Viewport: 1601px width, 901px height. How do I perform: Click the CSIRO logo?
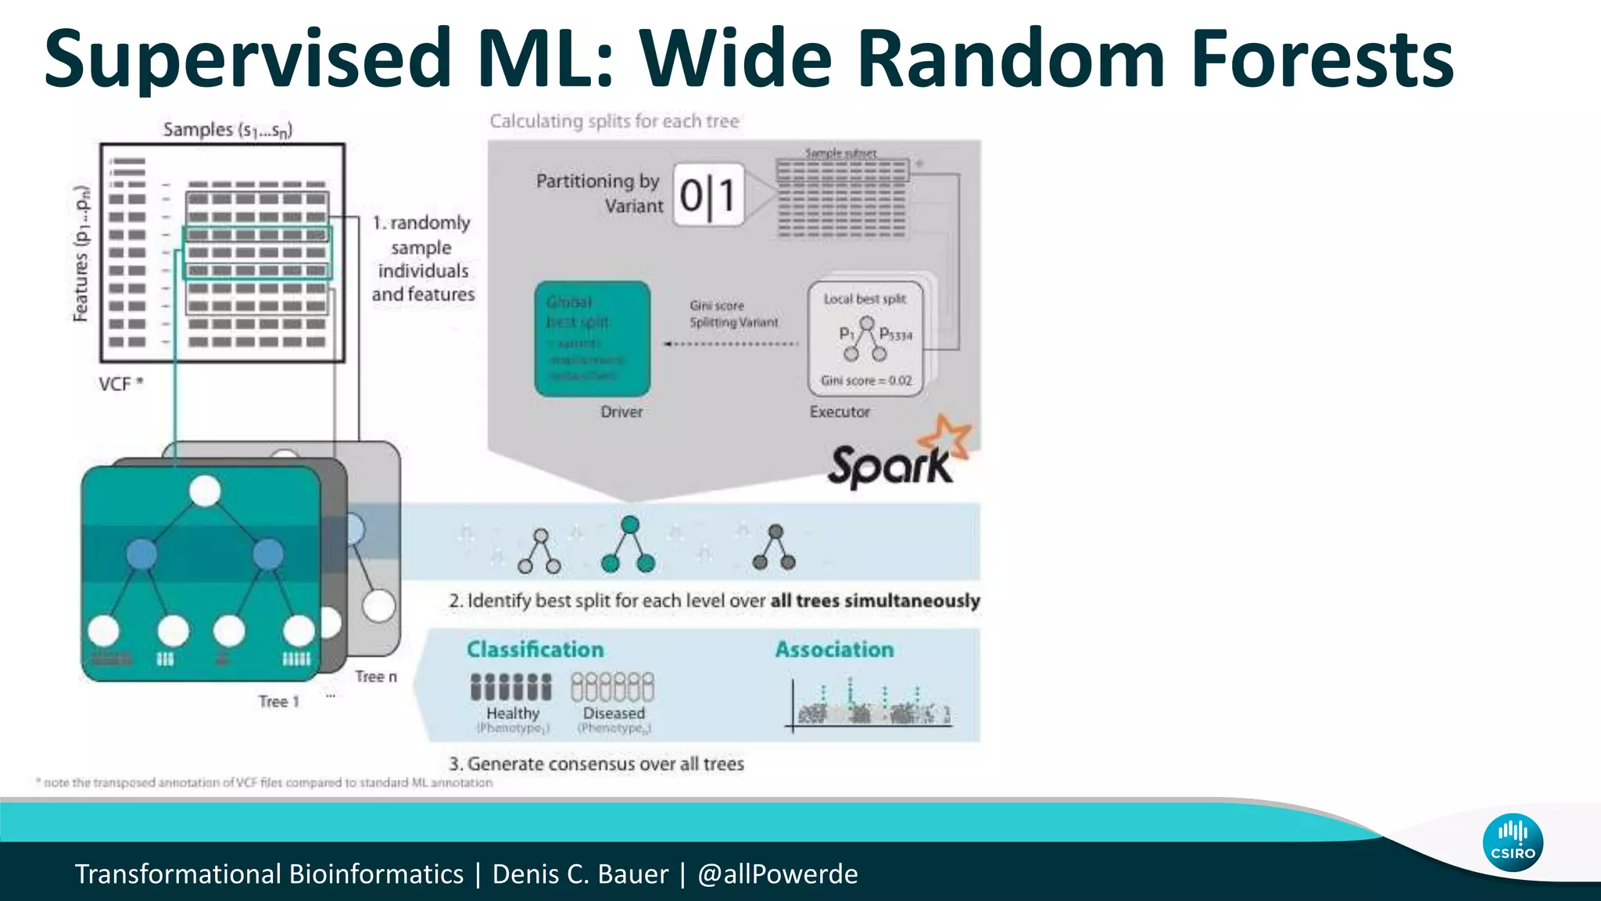(x=1512, y=842)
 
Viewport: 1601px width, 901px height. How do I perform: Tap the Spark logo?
(x=899, y=458)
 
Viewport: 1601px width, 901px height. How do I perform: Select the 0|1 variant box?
(x=708, y=195)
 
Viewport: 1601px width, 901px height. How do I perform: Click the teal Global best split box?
(x=592, y=339)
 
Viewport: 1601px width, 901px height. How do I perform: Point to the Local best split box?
(x=865, y=339)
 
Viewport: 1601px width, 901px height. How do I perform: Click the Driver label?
(x=621, y=411)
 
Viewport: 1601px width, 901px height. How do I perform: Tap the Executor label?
(x=840, y=411)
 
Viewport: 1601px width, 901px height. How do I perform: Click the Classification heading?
(x=535, y=649)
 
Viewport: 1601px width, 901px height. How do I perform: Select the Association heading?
(x=834, y=649)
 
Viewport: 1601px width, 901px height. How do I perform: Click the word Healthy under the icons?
(x=513, y=713)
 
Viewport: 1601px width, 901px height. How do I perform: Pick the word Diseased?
(x=614, y=713)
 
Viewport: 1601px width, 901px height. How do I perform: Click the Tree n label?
(x=376, y=677)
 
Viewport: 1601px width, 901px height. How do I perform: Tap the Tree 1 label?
(x=279, y=702)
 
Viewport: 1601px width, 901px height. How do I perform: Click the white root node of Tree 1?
(x=205, y=491)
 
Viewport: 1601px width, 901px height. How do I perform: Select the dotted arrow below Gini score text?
(x=731, y=343)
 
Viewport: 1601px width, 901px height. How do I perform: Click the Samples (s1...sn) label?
(x=227, y=129)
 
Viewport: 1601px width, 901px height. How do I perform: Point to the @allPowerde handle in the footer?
(x=777, y=874)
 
